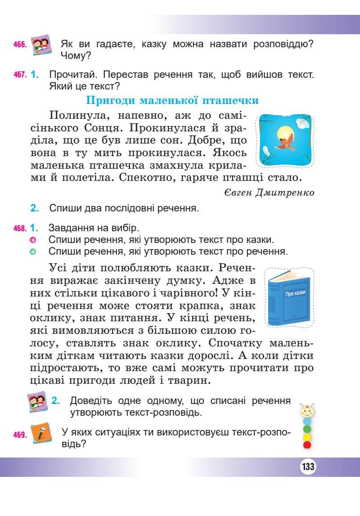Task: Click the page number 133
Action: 308,467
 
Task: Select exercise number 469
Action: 21,435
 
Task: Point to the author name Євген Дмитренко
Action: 268,193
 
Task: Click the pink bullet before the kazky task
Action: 32,240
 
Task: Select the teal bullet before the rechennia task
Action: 32,251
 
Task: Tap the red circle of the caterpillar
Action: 307,445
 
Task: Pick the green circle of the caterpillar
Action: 307,429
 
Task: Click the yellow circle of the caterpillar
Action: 307,437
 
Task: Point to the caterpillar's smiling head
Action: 307,410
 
